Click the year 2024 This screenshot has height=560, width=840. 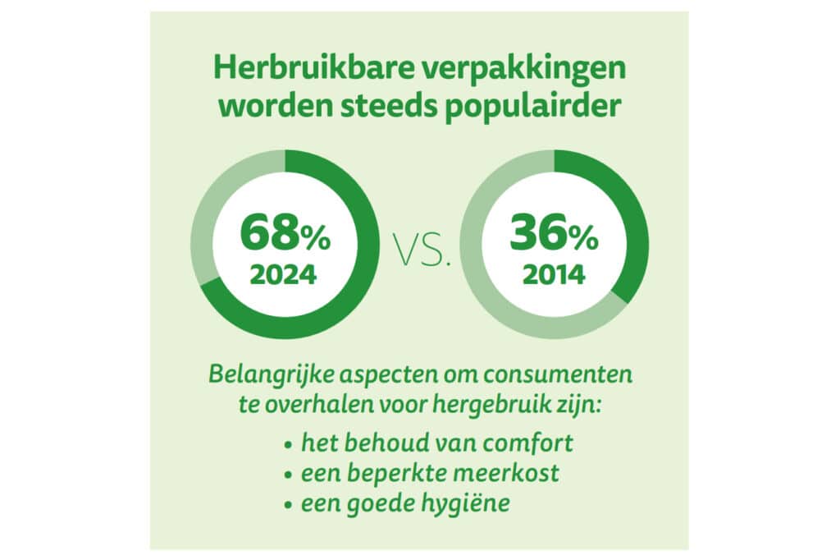click(x=283, y=274)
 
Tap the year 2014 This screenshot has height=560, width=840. click(x=554, y=274)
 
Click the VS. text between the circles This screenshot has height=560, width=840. click(x=422, y=250)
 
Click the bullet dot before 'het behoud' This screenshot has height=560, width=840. click(x=289, y=445)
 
